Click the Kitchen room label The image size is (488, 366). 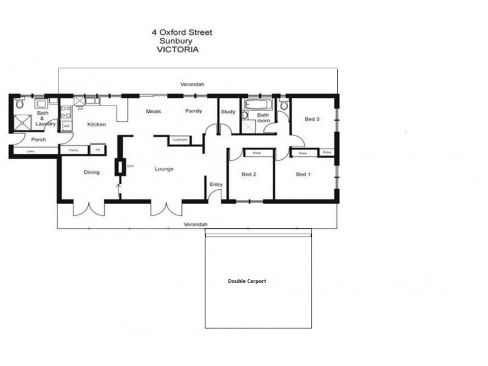click(x=96, y=124)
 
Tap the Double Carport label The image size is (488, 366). click(x=247, y=281)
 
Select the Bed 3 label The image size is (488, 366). click(x=312, y=119)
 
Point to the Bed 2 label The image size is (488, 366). click(x=249, y=174)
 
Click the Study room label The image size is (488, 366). click(x=228, y=112)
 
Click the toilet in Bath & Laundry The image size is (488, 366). click(x=21, y=105)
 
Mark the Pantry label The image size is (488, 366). click(x=74, y=150)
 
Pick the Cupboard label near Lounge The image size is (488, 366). click(x=179, y=140)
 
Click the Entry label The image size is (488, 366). click(x=216, y=184)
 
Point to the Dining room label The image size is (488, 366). click(x=91, y=172)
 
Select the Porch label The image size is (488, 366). click(x=38, y=140)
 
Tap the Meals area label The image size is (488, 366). click(x=152, y=111)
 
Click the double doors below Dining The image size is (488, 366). click(x=89, y=208)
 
